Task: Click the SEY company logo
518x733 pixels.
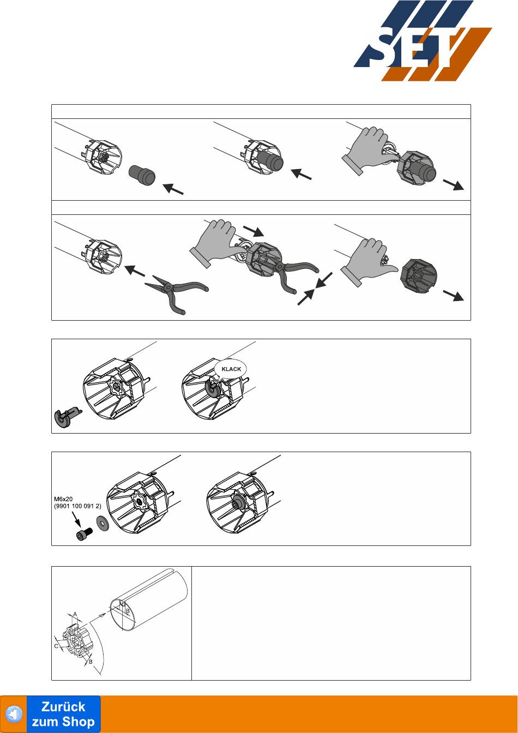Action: click(x=423, y=40)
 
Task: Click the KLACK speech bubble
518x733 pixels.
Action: click(x=231, y=369)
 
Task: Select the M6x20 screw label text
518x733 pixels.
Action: click(x=63, y=499)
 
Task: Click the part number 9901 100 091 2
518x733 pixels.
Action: click(x=77, y=506)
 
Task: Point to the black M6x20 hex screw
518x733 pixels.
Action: click(x=84, y=534)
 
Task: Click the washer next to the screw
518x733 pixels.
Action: click(x=103, y=523)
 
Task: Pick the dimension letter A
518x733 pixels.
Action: click(x=75, y=614)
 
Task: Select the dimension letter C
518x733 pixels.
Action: click(x=56, y=646)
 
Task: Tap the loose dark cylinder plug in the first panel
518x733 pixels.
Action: click(x=142, y=175)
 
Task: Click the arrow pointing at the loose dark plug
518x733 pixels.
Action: click(x=173, y=189)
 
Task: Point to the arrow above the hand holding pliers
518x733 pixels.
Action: click(x=253, y=230)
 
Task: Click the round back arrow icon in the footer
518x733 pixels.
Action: click(x=14, y=714)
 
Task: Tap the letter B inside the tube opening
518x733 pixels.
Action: click(x=128, y=611)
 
